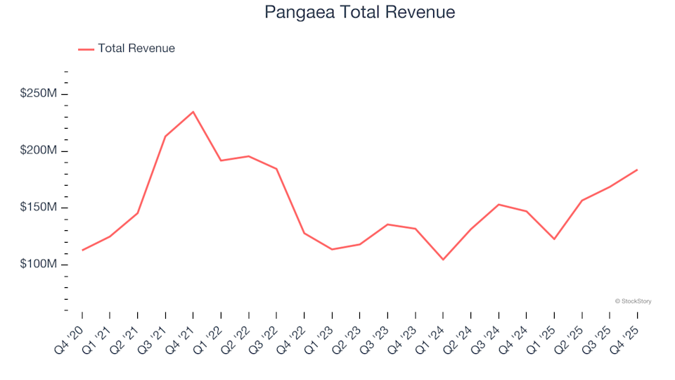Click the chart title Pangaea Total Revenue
coord(359,12)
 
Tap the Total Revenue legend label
coord(136,49)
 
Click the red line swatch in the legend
coord(86,49)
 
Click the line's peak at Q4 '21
coord(193,111)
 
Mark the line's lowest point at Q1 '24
coord(443,260)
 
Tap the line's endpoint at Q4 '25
coord(637,170)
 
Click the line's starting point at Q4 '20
coord(82,250)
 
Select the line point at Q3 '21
coord(165,136)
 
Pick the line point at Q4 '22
coord(304,233)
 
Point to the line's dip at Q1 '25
coord(554,239)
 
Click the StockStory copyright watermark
coord(633,301)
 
